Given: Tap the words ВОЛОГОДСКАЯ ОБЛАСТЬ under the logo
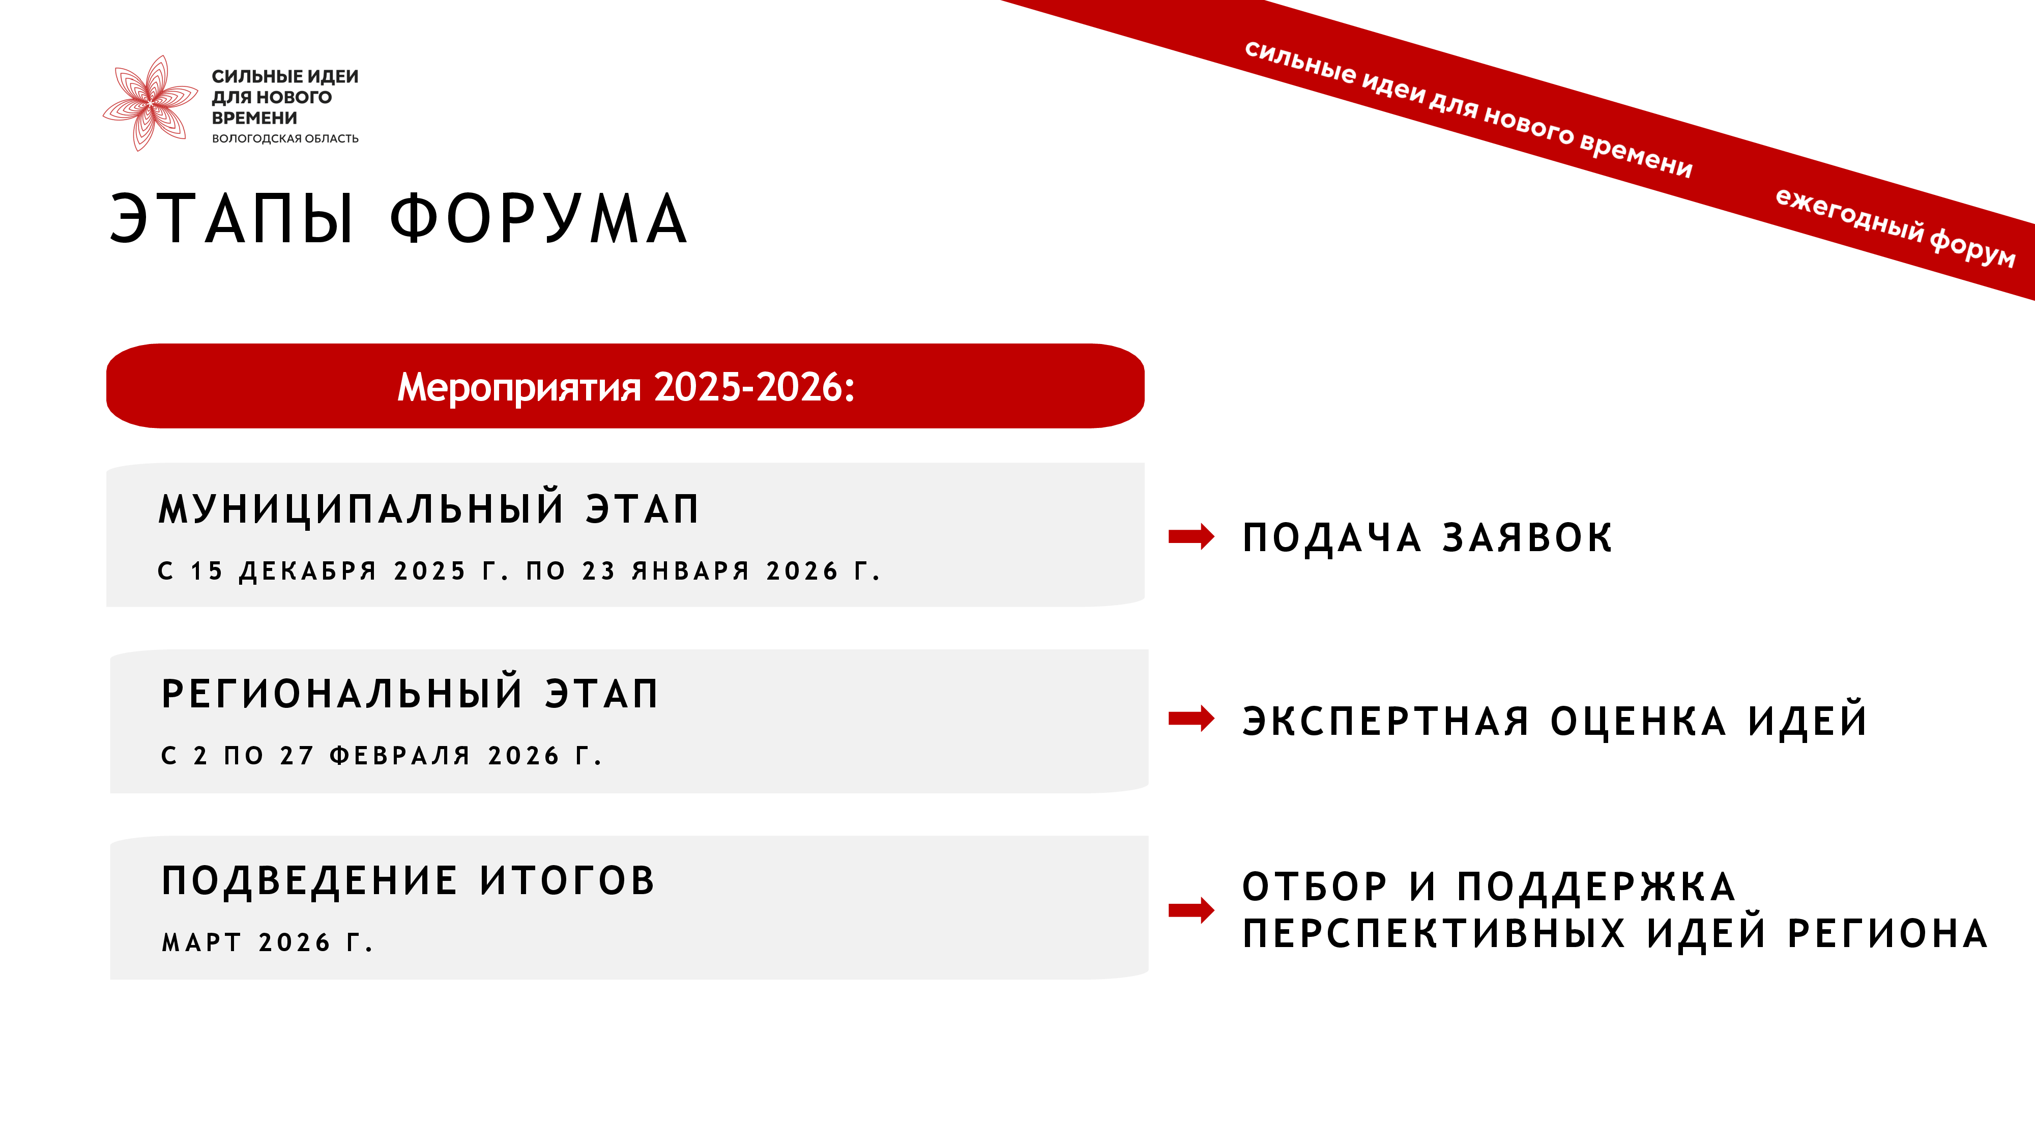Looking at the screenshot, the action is click(x=285, y=139).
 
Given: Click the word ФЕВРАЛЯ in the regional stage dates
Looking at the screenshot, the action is click(x=400, y=756).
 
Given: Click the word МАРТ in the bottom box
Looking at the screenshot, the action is click(x=201, y=942).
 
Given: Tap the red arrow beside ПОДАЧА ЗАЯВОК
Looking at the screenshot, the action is click(x=1191, y=536).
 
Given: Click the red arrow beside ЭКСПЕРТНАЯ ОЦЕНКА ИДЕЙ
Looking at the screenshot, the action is click(x=1191, y=718).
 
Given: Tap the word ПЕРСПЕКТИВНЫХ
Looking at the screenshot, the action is click(x=1434, y=933).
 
